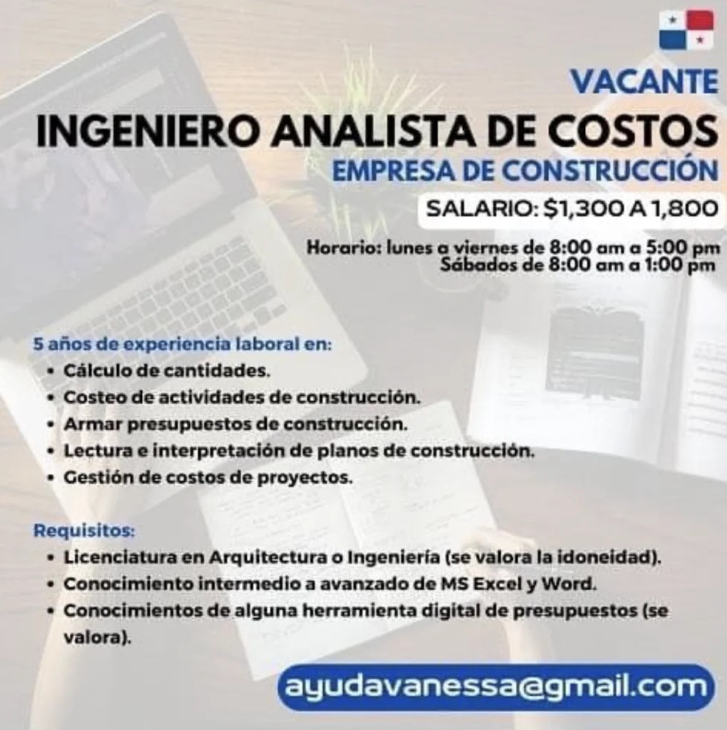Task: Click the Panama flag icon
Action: click(x=686, y=30)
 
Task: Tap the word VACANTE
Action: click(x=644, y=82)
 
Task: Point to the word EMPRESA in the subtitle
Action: click(x=392, y=171)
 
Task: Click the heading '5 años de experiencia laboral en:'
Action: click(x=183, y=344)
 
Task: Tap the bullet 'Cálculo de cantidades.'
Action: click(x=167, y=371)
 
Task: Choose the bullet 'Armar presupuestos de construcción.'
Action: click(x=235, y=425)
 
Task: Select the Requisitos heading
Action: click(x=84, y=530)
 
